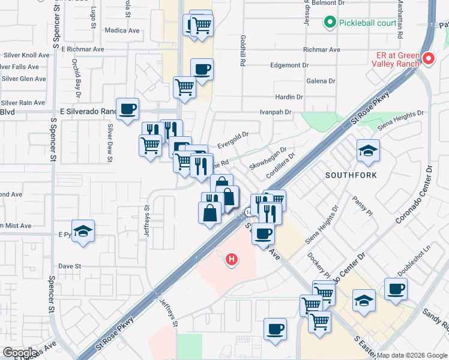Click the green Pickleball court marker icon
coord(330,23)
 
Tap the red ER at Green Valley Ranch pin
coord(429,59)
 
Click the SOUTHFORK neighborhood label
coord(351,175)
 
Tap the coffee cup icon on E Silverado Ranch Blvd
coord(128,109)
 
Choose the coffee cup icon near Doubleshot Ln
coord(396,289)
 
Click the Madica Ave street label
coord(122,31)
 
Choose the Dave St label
coord(70,266)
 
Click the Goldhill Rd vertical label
coord(244,50)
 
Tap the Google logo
coord(19,353)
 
